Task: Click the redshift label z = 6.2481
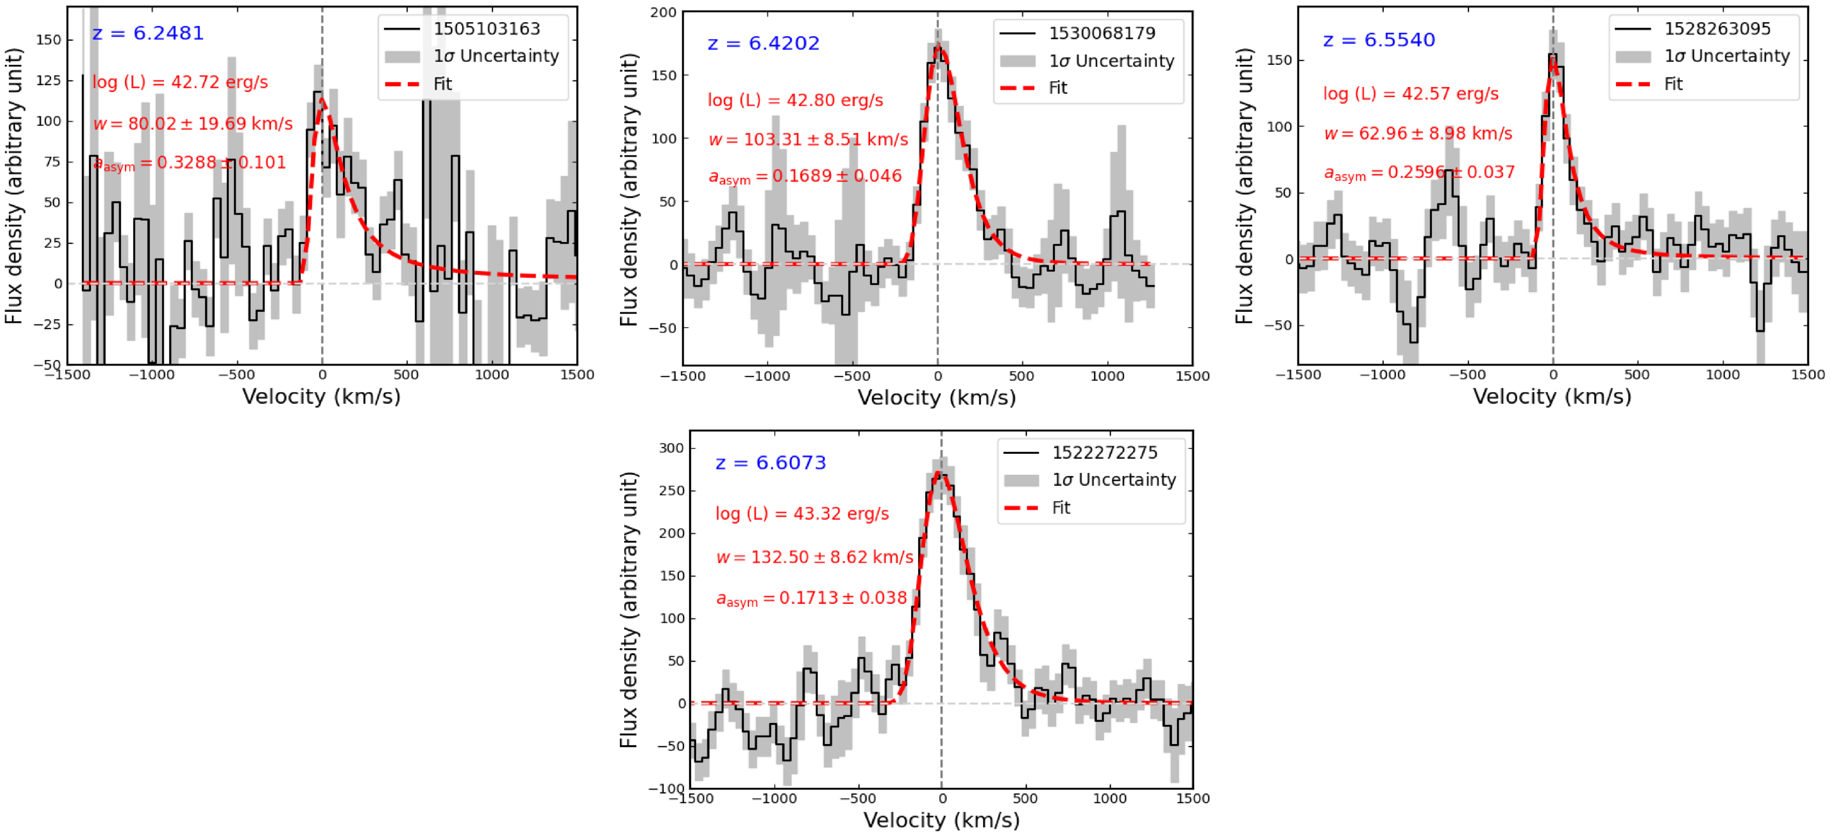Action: (148, 33)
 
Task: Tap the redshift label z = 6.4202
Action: (764, 43)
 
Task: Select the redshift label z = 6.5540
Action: (1379, 40)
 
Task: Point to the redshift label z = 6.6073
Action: (771, 463)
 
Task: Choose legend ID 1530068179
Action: (1102, 33)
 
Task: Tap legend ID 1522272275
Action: (1105, 452)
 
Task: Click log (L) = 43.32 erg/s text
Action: (802, 513)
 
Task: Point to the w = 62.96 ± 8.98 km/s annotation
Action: (1418, 134)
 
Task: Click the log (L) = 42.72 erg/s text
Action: (181, 83)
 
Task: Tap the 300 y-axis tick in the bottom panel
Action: (671, 448)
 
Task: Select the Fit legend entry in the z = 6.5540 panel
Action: (1673, 84)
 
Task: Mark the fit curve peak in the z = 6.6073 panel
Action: (940, 473)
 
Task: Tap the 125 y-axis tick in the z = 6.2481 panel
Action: (48, 80)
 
